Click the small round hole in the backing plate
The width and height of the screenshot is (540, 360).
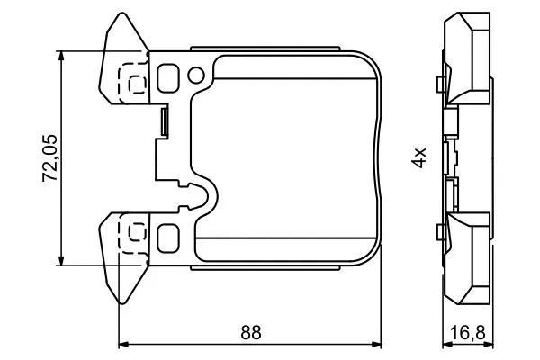pos(195,75)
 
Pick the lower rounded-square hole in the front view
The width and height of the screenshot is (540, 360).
pos(168,238)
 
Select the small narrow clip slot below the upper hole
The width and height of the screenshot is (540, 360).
pos(164,122)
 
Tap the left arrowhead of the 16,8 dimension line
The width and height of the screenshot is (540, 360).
pos(447,344)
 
